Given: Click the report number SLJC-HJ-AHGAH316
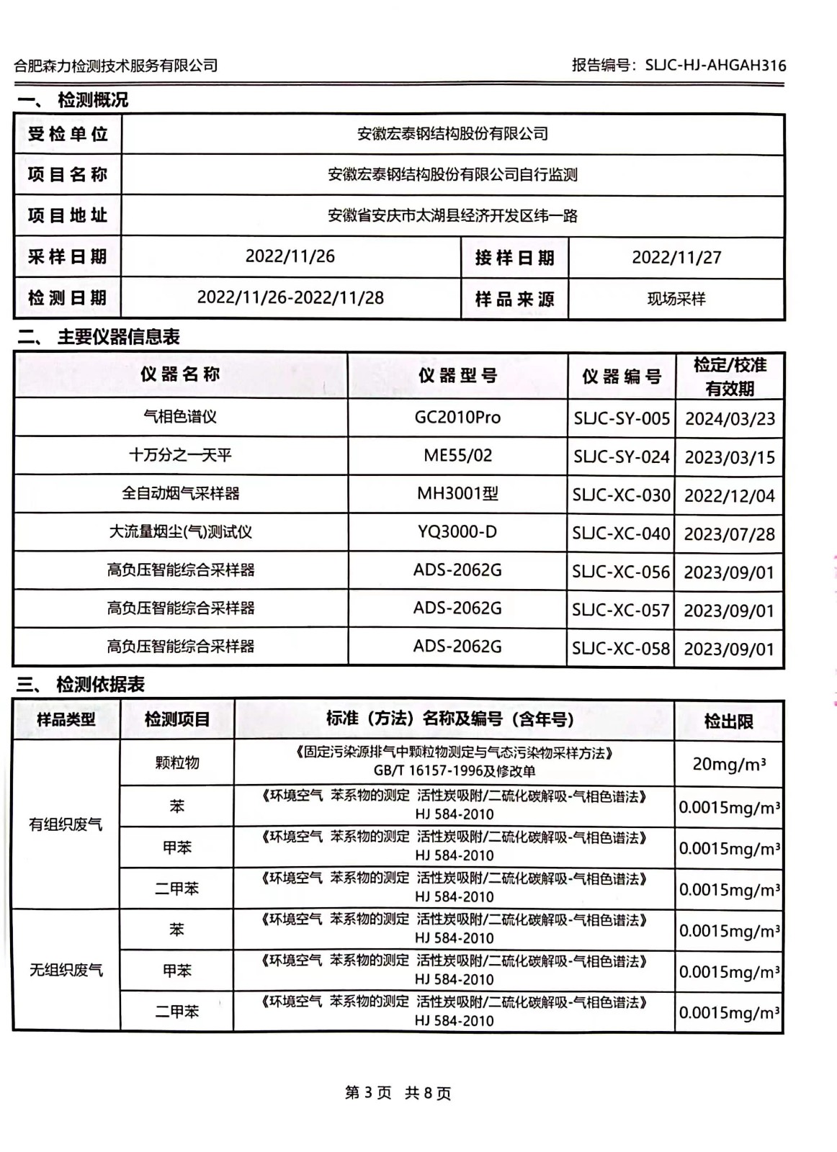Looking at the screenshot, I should pyautogui.click(x=715, y=66).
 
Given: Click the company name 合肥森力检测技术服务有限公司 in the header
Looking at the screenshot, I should pyautogui.click(x=116, y=66).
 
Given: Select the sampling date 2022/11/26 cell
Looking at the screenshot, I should pyautogui.click(x=290, y=256).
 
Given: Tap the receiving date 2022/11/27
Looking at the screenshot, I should pyautogui.click(x=676, y=258).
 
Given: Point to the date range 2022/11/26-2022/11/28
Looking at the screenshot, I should pyautogui.click(x=290, y=297).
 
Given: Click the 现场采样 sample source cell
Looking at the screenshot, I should pyautogui.click(x=676, y=299).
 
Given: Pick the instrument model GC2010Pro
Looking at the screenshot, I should pyautogui.click(x=457, y=417).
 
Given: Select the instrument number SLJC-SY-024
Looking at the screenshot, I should pyautogui.click(x=621, y=456).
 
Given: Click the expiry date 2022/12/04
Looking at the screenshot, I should pyautogui.click(x=729, y=495).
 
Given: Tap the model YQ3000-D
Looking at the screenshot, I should pyautogui.click(x=457, y=531).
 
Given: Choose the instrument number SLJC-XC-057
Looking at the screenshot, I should pyautogui.click(x=621, y=611).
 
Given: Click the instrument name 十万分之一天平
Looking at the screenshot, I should pyautogui.click(x=180, y=455).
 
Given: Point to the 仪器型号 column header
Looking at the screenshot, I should pyautogui.click(x=457, y=375).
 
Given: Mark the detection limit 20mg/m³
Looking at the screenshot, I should pyautogui.click(x=728, y=764).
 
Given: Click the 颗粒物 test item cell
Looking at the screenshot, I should pyautogui.click(x=176, y=762).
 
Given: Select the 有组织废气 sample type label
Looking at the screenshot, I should pyautogui.click(x=66, y=824).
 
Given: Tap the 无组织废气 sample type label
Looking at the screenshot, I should pyautogui.click(x=66, y=970).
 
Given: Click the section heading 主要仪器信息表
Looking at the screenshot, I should pyautogui.click(x=119, y=336).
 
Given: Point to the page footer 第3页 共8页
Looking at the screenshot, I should pyautogui.click(x=398, y=1093).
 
